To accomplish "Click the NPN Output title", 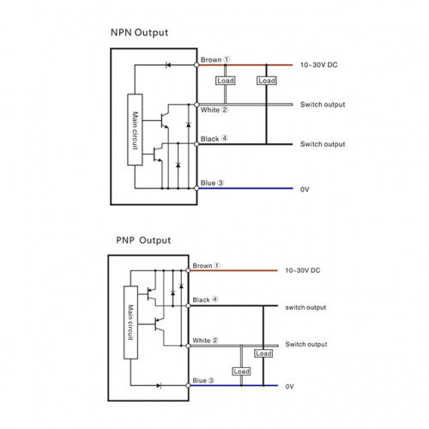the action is [139, 33].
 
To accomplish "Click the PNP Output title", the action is [143, 240].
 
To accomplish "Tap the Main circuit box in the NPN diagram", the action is [135, 130].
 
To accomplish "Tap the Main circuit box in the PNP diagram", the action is [130, 323].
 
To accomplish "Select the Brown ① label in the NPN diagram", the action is [215, 60].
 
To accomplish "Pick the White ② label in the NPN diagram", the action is [214, 110].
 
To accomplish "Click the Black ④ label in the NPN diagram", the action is [214, 139].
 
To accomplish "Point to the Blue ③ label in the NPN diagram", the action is [212, 183].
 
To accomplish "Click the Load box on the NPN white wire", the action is [226, 81].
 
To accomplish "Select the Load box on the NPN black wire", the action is [267, 81].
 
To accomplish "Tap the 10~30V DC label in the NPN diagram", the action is [318, 65].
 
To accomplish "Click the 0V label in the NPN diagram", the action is [305, 190].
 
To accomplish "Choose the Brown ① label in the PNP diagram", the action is [206, 266].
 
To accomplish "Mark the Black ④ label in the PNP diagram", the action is [205, 299].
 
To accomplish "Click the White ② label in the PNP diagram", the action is [205, 341].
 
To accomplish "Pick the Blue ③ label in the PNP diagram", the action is [203, 381].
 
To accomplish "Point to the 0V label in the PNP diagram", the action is [289, 387].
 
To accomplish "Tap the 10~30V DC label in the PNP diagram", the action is [303, 270].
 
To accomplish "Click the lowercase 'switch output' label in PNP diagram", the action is [305, 307].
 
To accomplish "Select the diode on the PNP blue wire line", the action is [159, 385].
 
